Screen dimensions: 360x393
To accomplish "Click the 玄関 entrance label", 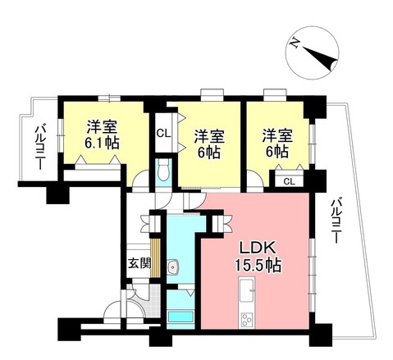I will (139, 264).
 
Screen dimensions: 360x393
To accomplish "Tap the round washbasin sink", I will (172, 266).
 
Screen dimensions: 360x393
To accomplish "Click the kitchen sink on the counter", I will (246, 288).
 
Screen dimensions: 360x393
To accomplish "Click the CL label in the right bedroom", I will (288, 181).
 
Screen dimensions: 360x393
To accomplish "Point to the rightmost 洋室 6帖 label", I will (275, 143).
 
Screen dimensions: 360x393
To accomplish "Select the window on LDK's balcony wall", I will (313, 267).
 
